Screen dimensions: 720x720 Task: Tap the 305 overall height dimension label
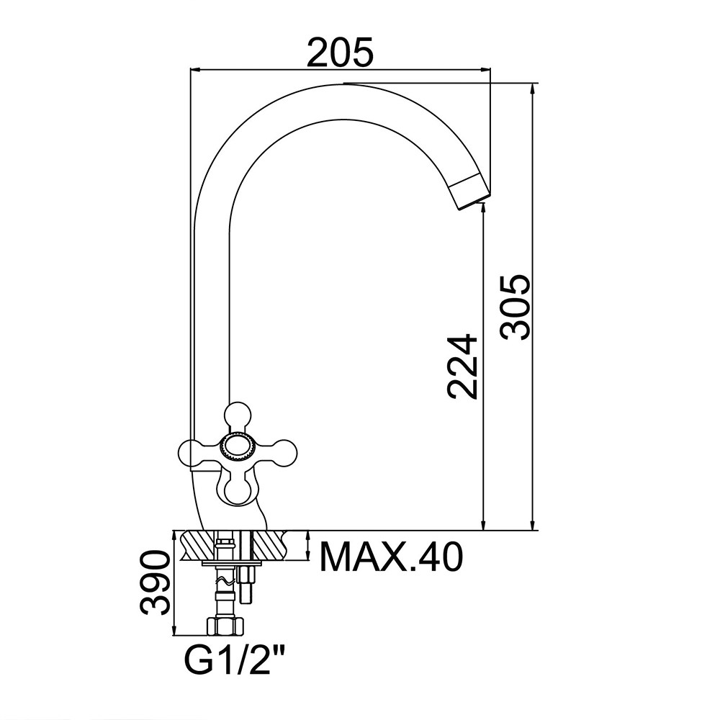coord(516,307)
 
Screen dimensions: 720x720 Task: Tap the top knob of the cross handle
coord(238,415)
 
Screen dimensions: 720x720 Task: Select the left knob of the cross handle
coord(193,454)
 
